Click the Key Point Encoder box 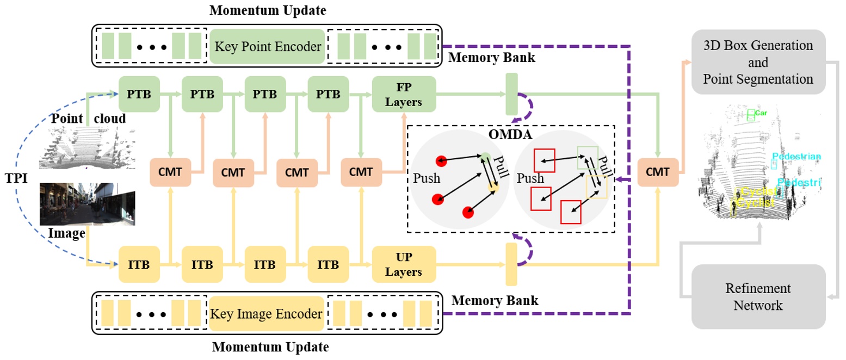(x=267, y=46)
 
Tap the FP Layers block (x=404, y=95)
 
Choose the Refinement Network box (x=758, y=296)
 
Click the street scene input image (x=87, y=204)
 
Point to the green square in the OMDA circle (x=588, y=157)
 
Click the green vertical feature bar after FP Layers (x=511, y=95)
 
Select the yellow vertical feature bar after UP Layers (x=511, y=264)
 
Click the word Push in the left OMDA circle (x=427, y=178)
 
